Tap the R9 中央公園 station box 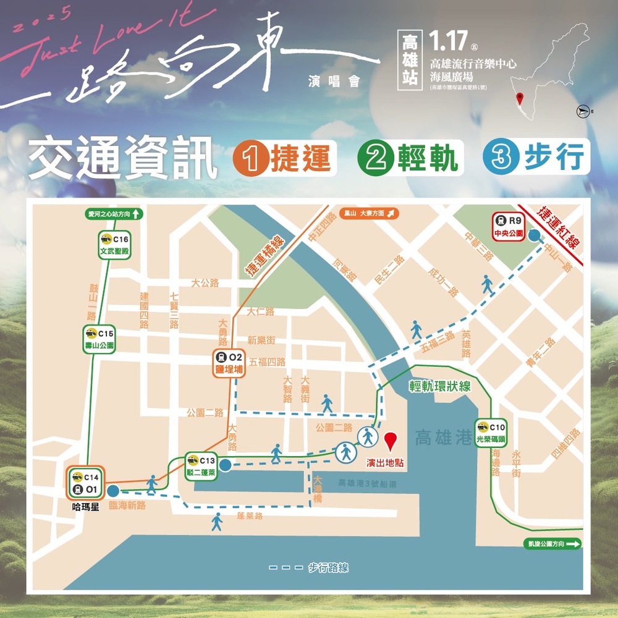click(509, 226)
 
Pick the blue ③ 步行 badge click(536, 159)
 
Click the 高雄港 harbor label click(444, 438)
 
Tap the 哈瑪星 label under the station click(85, 512)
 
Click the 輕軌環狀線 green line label click(440, 386)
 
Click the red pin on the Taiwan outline click(520, 98)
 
